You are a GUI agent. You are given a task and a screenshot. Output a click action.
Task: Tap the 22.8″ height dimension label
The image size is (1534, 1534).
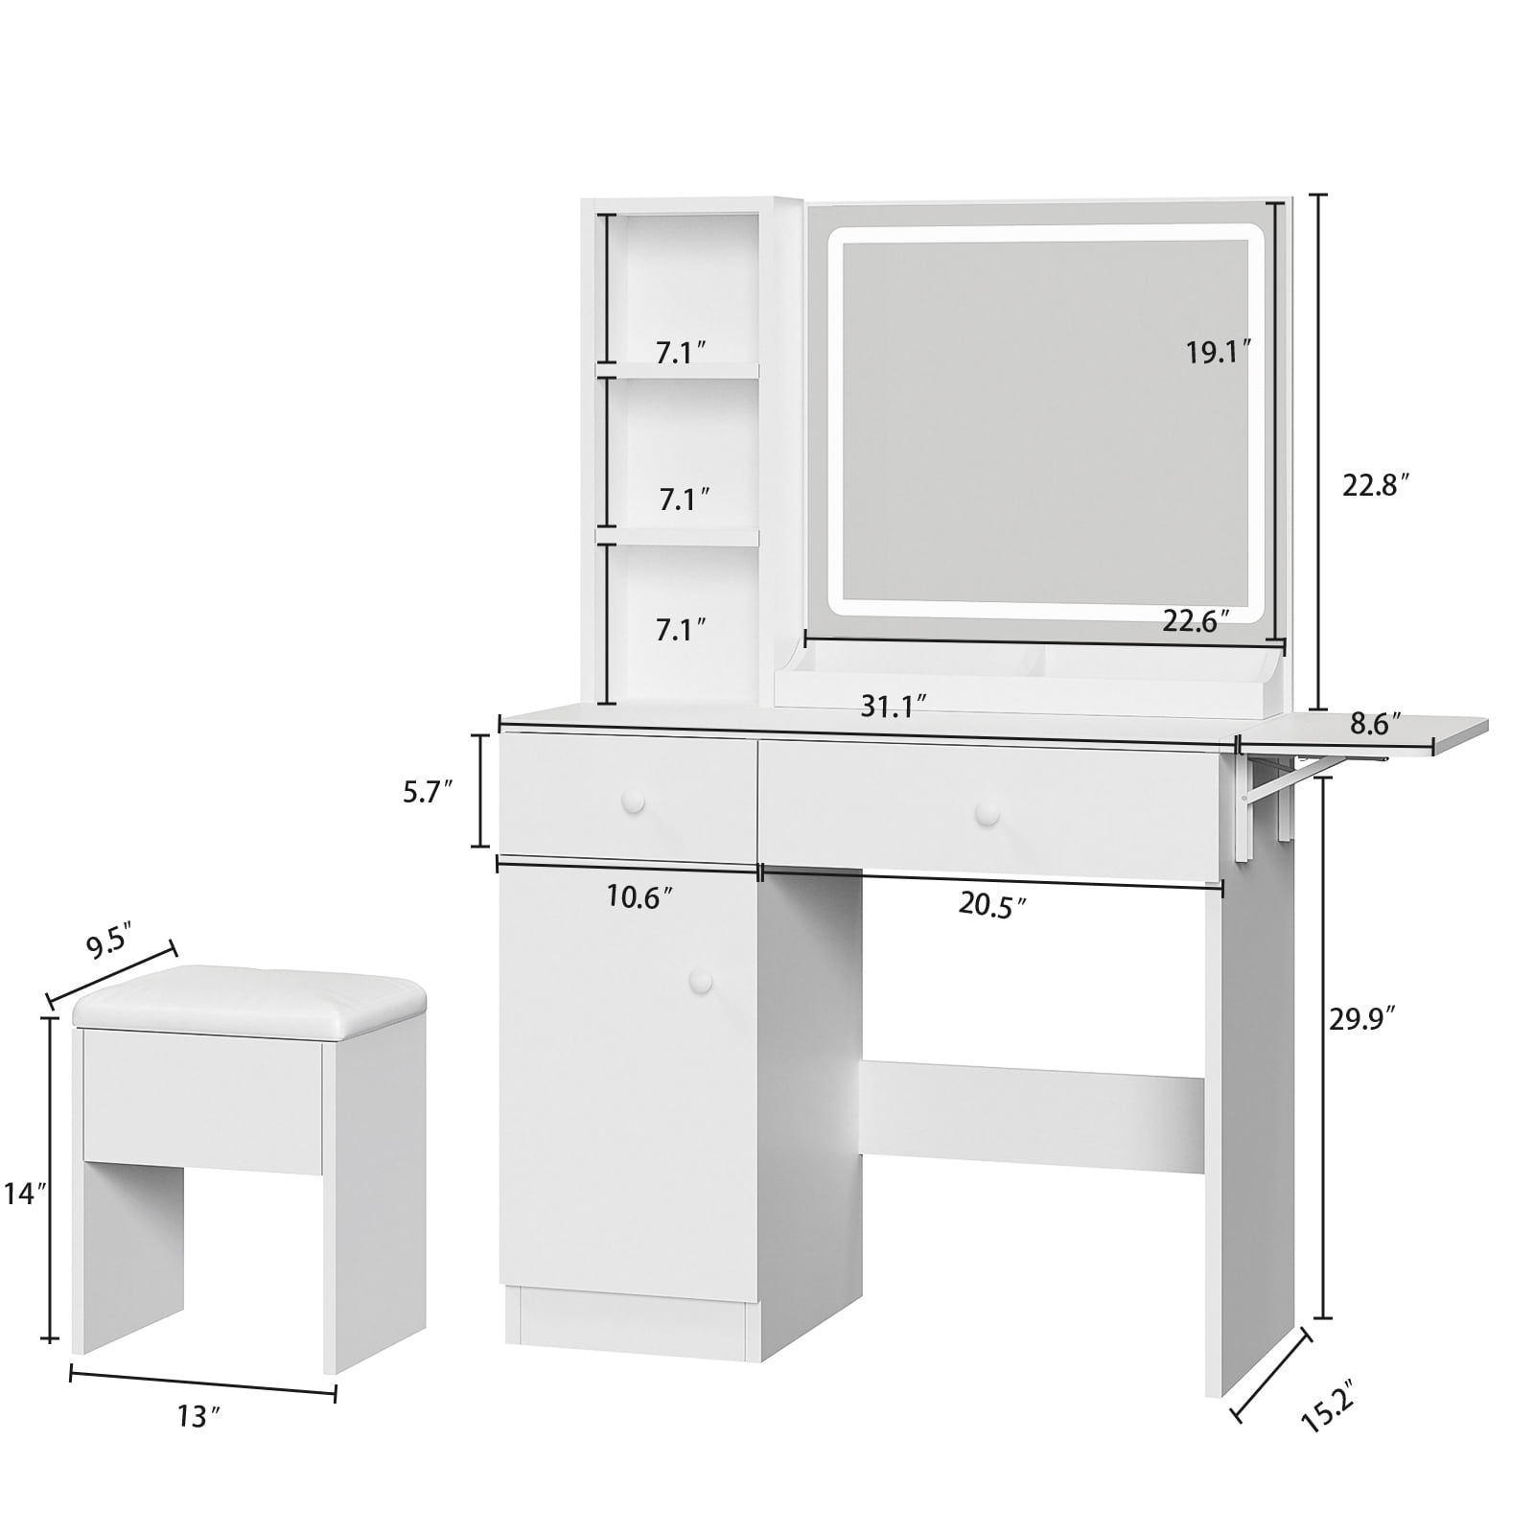tap(1377, 486)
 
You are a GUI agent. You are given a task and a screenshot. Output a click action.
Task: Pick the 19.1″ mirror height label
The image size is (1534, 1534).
tap(1219, 352)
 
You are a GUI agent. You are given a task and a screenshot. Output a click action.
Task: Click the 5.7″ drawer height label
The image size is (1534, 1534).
tap(426, 793)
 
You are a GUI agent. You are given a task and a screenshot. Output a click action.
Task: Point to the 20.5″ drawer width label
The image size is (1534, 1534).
tap(992, 905)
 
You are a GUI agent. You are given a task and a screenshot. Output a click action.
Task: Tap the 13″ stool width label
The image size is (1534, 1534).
tap(193, 1416)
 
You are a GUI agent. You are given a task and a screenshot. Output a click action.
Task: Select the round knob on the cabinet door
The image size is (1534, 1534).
tap(702, 980)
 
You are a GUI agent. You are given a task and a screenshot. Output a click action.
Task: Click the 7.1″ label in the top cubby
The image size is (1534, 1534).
tap(681, 352)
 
